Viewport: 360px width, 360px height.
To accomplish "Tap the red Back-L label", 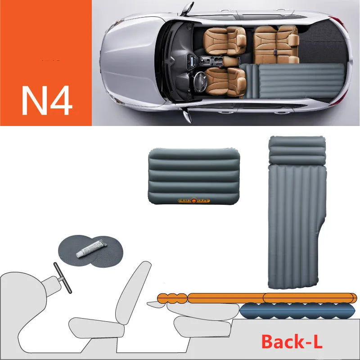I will click(292, 342).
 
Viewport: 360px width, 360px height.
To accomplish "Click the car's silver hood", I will click(128, 63).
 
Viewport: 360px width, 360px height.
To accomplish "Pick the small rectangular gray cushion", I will click(194, 177).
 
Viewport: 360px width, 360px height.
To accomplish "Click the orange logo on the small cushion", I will click(194, 200).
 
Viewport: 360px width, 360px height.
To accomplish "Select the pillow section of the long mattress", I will click(297, 151).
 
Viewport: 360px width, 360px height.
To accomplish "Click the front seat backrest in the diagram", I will click(132, 290).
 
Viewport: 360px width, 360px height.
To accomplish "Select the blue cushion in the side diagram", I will click(297, 310).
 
